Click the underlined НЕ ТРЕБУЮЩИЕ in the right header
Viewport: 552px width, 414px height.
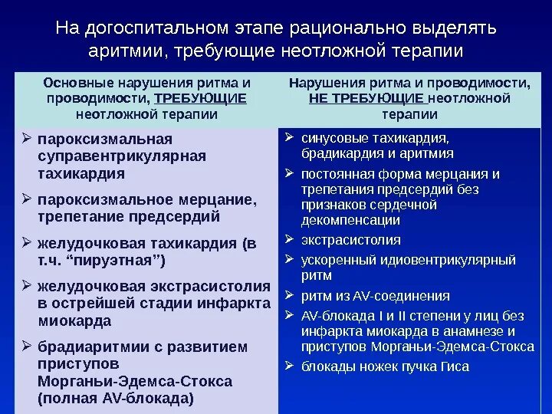tap(367, 98)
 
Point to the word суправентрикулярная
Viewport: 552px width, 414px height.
tap(122, 156)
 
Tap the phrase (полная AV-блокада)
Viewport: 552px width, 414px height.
tap(116, 398)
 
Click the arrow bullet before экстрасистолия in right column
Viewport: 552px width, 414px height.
tap(289, 240)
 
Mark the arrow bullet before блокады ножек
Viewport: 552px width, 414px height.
tap(289, 366)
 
